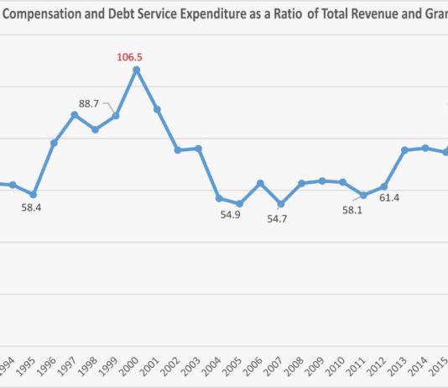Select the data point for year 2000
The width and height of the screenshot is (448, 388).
(137, 69)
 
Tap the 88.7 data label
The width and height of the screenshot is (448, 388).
(89, 104)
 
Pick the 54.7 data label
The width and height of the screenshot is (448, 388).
(277, 218)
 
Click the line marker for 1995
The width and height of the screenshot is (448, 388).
(34, 194)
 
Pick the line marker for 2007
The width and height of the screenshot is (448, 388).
(281, 204)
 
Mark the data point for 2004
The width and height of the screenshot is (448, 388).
(219, 198)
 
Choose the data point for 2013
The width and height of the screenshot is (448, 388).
(405, 149)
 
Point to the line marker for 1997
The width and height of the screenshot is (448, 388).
(75, 114)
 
